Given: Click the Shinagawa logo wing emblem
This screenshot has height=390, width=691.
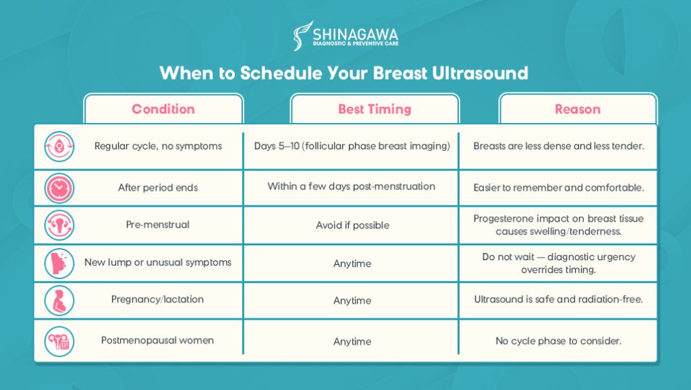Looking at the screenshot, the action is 303,35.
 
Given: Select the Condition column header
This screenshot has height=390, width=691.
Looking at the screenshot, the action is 163,109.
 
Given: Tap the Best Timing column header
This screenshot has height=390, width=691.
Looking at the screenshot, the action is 375,109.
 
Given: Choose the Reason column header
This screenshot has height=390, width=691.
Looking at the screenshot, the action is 578,109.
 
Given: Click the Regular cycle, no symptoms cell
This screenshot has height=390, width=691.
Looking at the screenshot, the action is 158,146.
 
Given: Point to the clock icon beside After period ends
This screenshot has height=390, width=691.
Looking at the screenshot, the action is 59,189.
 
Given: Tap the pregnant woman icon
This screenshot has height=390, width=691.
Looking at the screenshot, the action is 59,300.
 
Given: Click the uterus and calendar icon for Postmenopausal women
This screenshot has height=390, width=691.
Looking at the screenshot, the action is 59,341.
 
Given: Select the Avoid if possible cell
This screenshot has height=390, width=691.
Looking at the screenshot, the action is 352,226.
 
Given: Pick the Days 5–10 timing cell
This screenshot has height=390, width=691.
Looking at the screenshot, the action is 352,146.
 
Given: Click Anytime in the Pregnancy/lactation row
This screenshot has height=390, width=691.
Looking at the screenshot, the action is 352,300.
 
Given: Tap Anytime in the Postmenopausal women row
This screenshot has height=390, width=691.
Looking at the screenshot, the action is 352,341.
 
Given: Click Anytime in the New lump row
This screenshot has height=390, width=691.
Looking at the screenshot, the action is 352,264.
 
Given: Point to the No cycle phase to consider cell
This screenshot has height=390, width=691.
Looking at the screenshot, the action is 558,341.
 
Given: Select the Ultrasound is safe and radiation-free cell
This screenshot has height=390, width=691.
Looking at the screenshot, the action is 558,299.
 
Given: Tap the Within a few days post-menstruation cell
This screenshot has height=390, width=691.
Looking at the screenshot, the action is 351,186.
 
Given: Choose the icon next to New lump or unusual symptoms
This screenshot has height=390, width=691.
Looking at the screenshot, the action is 59,264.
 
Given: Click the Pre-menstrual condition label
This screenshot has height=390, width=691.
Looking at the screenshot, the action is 158,224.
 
